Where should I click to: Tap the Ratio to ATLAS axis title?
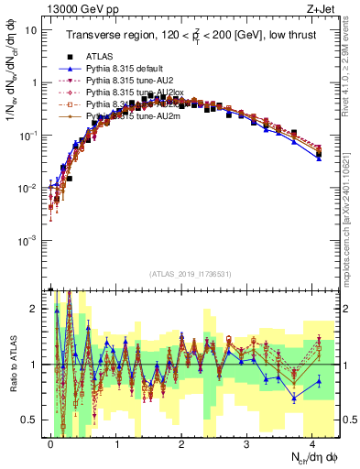coord(12,365)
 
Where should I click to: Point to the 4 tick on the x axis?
coord(312,441)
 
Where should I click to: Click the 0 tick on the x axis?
coord(51,441)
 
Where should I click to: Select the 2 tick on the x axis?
coord(181,441)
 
